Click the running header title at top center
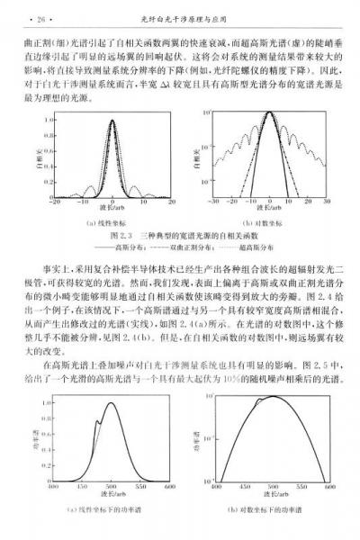[x=179, y=15]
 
